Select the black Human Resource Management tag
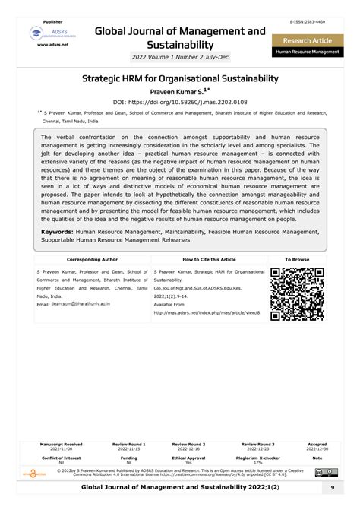click(308, 53)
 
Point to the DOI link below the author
click(180, 101)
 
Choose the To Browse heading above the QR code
click(297, 260)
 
